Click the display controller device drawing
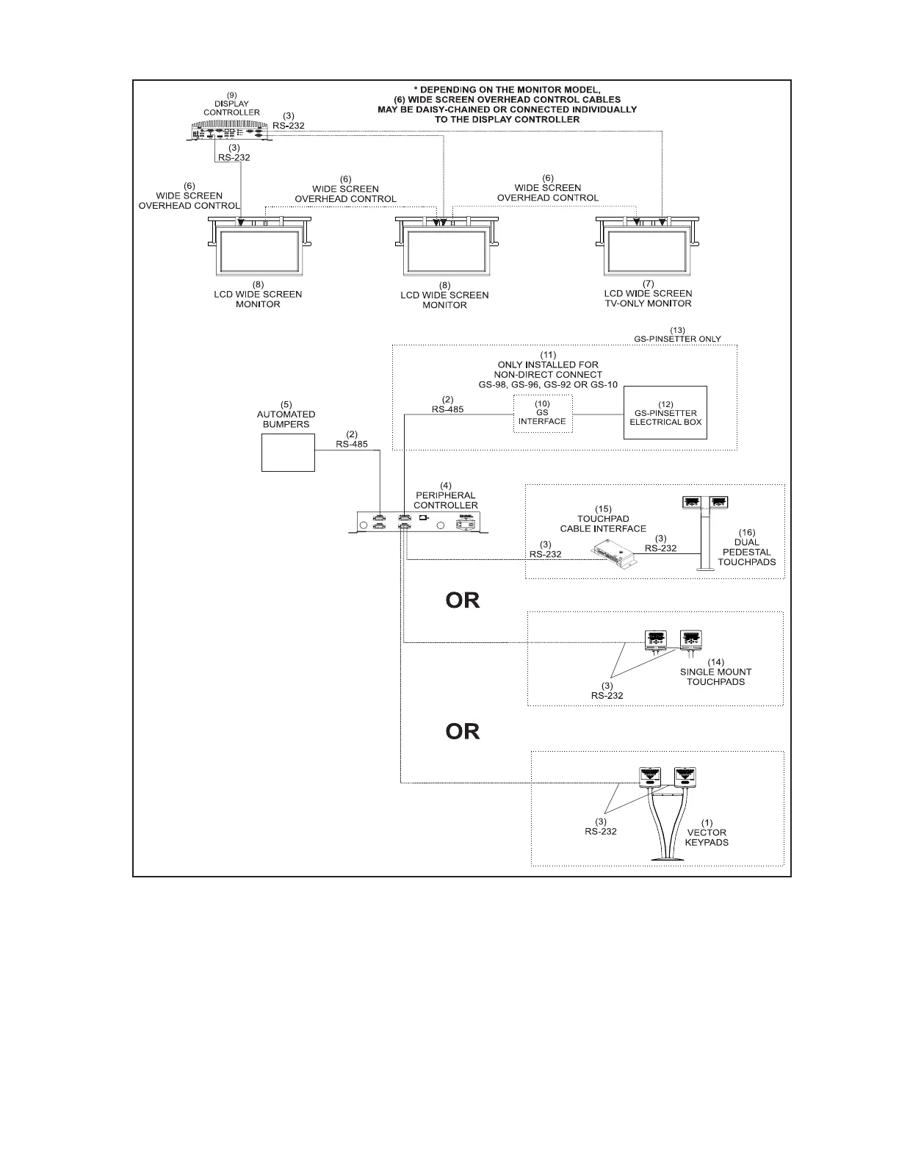pyautogui.click(x=229, y=132)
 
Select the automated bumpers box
pyautogui.click(x=288, y=453)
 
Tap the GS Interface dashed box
pyautogui.click(x=542, y=413)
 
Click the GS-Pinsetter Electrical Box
pyautogui.click(x=665, y=412)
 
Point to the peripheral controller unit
pyautogui.click(x=419, y=522)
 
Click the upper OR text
pyautogui.click(x=463, y=600)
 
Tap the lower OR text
pyautogui.click(x=463, y=731)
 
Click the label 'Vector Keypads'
pyautogui.click(x=707, y=837)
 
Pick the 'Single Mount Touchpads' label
pyautogui.click(x=715, y=677)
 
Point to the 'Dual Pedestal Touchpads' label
pyautogui.click(x=746, y=552)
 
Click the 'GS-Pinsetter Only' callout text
pyautogui.click(x=677, y=339)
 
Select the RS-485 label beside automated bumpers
pyautogui.click(x=352, y=444)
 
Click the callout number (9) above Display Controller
pyautogui.click(x=231, y=95)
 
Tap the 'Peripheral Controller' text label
pyautogui.click(x=445, y=500)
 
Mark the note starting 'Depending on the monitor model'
pyautogui.click(x=507, y=104)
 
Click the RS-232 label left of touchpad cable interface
pyautogui.click(x=545, y=554)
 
